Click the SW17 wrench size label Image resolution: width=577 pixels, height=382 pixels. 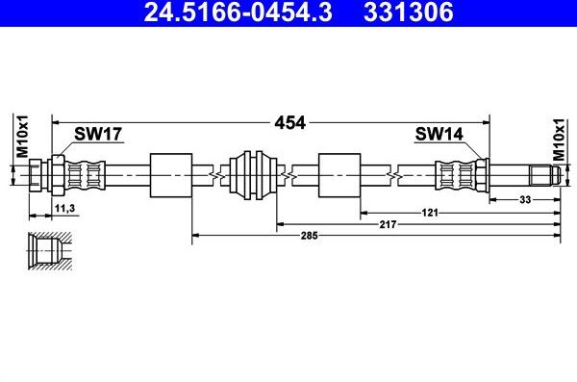(98, 136)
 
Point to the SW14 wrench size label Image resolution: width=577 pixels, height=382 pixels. (437, 136)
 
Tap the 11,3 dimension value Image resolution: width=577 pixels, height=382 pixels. (65, 207)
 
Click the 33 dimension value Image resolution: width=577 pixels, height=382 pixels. (524, 199)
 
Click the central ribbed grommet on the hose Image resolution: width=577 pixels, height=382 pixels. (254, 175)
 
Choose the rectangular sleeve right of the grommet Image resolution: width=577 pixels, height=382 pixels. (339, 175)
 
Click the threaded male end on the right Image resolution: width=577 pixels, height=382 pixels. (543, 175)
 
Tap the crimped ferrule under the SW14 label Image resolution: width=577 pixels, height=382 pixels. (452, 175)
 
